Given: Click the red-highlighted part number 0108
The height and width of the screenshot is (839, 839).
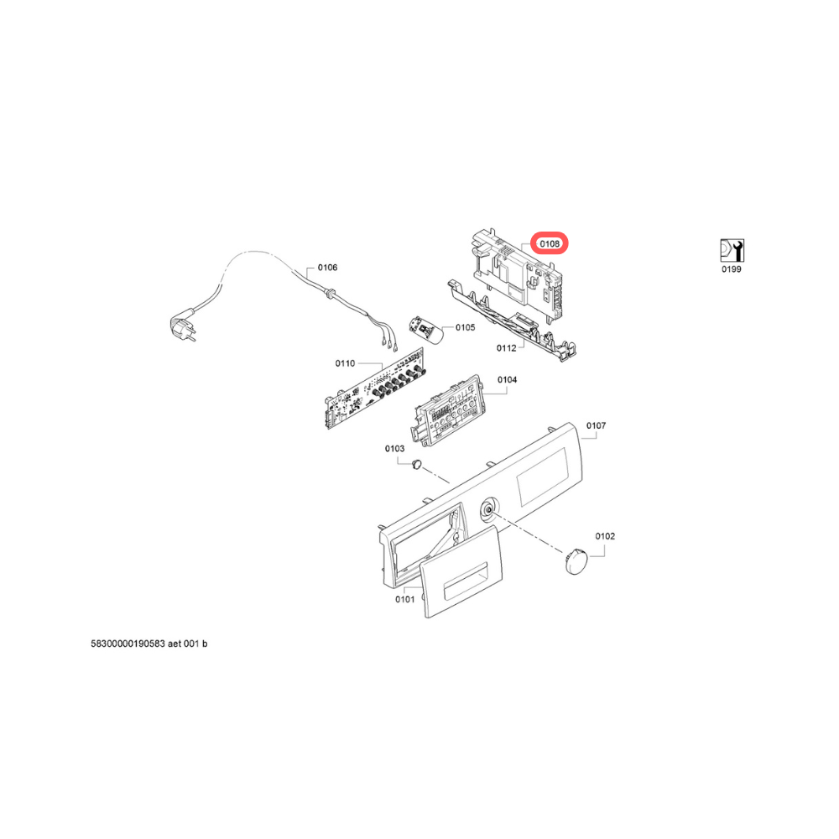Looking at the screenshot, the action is click(550, 244).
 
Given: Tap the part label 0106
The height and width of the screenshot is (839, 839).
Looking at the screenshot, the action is click(327, 268).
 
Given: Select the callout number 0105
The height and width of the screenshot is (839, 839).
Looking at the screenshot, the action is click(465, 327).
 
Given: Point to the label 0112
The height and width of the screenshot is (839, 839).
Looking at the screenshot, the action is click(506, 348).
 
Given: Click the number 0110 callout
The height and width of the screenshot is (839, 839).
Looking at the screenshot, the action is click(345, 364).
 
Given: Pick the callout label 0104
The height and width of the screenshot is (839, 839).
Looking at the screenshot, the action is click(508, 380).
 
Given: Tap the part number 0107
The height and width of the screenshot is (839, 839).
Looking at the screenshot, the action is click(596, 426).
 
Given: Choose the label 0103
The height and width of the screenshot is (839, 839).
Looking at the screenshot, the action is click(395, 449).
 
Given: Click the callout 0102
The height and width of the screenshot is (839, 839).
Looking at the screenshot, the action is click(605, 536).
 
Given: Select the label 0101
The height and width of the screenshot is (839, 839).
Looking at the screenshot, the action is click(405, 599).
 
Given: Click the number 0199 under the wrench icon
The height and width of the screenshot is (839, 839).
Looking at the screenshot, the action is click(732, 269).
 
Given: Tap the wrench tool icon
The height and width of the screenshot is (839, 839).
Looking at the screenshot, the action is click(732, 250).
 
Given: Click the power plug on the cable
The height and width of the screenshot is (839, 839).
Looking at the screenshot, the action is click(183, 326).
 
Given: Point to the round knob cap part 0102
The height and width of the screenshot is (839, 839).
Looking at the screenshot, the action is click(576, 560).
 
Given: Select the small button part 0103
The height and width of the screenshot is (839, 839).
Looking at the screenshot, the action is click(417, 464).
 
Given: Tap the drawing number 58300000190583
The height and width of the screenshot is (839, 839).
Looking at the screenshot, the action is click(128, 644).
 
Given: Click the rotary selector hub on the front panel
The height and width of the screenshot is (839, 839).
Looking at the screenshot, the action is click(489, 509).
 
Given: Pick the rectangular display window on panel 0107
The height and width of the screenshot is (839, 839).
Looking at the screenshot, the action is click(543, 477).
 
